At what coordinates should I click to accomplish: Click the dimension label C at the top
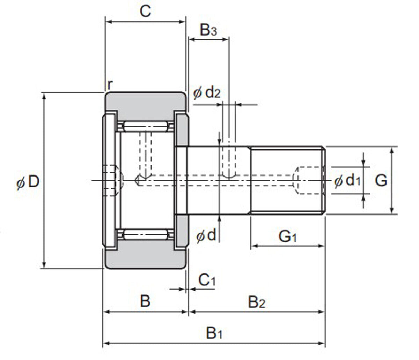pos(145,11)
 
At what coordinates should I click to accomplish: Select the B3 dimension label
pos(208,31)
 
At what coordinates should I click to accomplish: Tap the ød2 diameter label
pos(207,93)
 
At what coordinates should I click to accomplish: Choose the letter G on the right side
pos(381,180)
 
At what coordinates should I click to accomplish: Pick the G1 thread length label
pos(288,237)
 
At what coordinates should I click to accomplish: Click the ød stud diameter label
pos(206,236)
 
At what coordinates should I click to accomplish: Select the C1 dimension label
pos(207,280)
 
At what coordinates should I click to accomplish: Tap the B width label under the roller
pos(145,301)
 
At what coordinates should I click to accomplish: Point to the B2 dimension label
pos(257,302)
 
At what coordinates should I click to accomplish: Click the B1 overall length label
pos(214,333)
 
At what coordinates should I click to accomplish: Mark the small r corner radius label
pos(110,84)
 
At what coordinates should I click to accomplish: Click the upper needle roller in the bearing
pos(145,126)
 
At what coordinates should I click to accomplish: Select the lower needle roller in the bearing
pos(145,234)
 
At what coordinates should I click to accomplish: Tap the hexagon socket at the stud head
pos(113,180)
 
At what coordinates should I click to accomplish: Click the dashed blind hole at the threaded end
pos(309,180)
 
